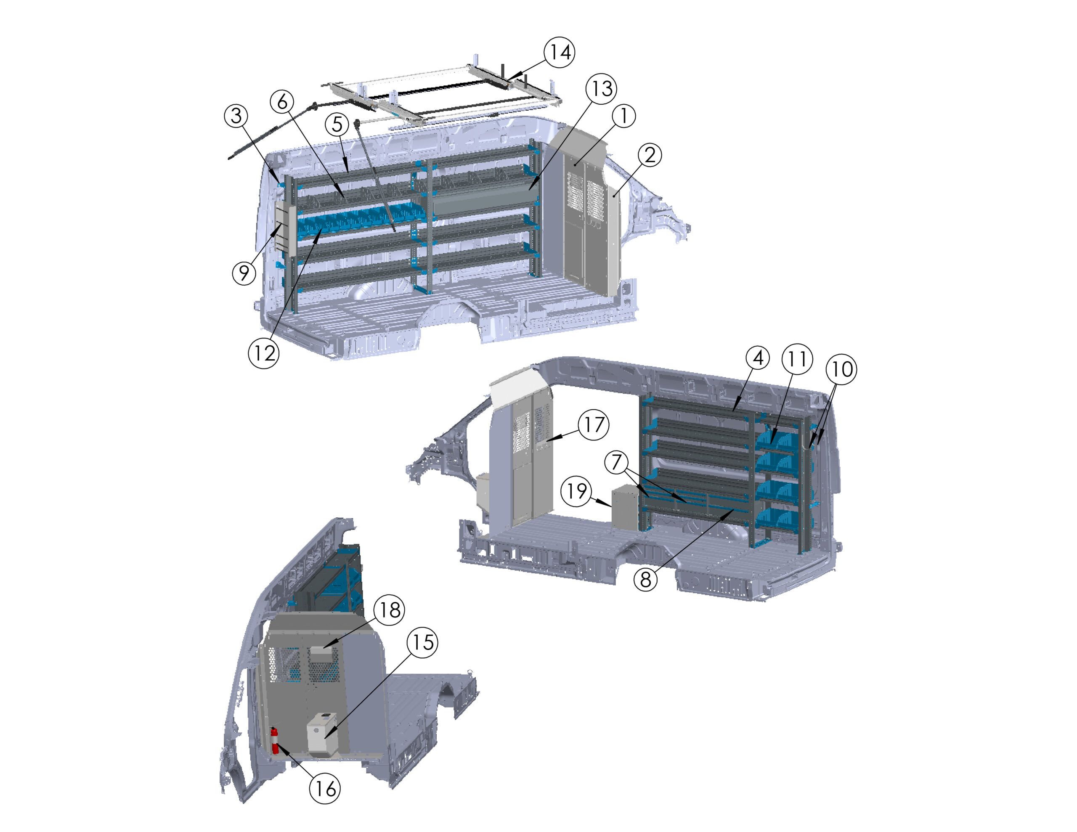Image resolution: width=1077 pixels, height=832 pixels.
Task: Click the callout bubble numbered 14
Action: click(560, 52)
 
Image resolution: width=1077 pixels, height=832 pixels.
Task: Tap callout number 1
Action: click(624, 116)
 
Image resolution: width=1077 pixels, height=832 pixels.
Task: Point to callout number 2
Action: click(650, 155)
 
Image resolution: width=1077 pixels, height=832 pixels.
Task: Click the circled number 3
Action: click(236, 116)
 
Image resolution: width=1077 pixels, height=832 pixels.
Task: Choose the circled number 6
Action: click(282, 102)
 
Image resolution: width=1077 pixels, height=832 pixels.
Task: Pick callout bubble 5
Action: click(337, 124)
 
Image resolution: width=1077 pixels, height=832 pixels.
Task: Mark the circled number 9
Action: click(244, 273)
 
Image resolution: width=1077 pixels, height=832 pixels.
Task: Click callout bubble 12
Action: click(264, 353)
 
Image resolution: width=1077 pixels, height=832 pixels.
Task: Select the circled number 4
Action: click(758, 358)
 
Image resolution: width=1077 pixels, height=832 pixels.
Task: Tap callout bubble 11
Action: click(797, 360)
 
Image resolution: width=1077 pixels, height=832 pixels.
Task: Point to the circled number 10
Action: click(842, 369)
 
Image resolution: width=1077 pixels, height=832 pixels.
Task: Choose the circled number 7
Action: click(616, 463)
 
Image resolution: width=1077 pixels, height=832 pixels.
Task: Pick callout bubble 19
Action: click(576, 491)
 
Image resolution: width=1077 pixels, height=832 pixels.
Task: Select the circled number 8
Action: click(645, 580)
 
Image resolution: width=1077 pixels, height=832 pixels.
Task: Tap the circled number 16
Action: click(325, 789)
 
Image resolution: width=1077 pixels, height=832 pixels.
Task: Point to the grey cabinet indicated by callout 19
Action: click(625, 507)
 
